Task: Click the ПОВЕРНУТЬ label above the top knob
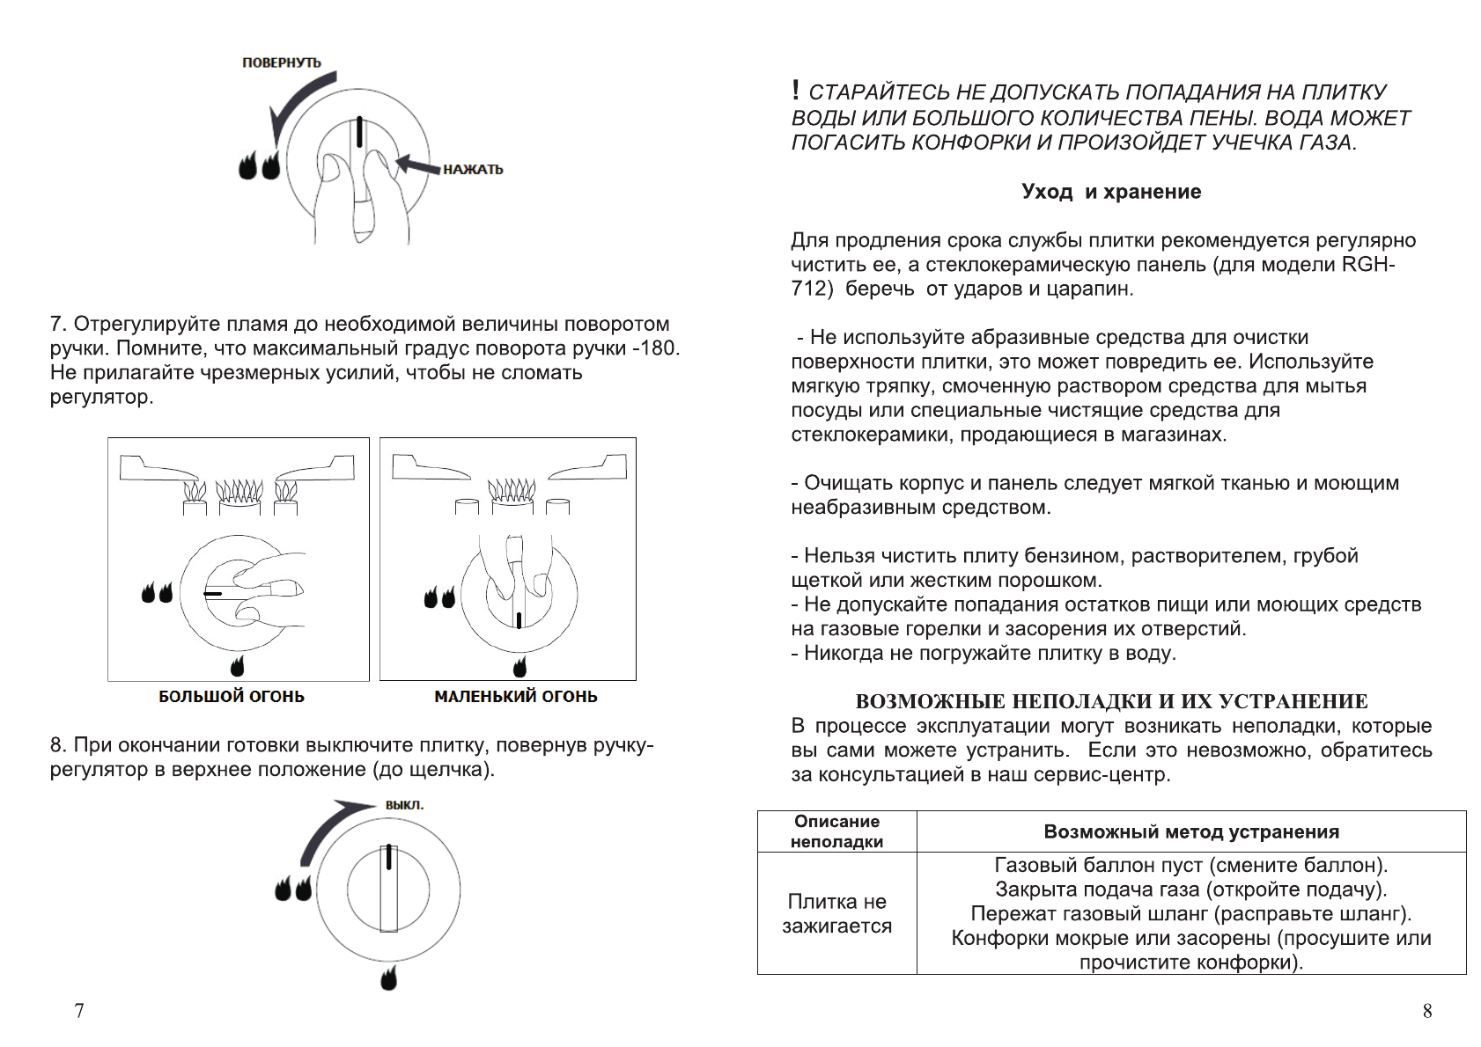[x=282, y=62]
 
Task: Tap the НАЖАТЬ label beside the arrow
[x=473, y=169]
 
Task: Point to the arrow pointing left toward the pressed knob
[x=418, y=165]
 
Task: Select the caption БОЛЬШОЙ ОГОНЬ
[x=232, y=697]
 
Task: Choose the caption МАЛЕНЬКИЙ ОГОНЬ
[x=516, y=697]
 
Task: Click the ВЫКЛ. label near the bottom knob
[x=404, y=805]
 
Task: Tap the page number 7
[x=79, y=1011]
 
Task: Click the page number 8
[x=1427, y=1011]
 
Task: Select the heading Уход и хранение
[x=1111, y=192]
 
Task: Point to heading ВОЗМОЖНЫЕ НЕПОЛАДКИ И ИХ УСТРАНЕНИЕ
[x=1111, y=701]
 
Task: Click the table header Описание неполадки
[x=836, y=831]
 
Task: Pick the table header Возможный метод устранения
[x=1191, y=831]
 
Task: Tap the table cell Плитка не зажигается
[x=836, y=913]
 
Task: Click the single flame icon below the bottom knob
[x=388, y=977]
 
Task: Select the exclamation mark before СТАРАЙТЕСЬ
[x=796, y=90]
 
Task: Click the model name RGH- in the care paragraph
[x=1368, y=265]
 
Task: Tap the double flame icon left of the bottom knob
[x=293, y=889]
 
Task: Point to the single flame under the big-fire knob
[x=237, y=665]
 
